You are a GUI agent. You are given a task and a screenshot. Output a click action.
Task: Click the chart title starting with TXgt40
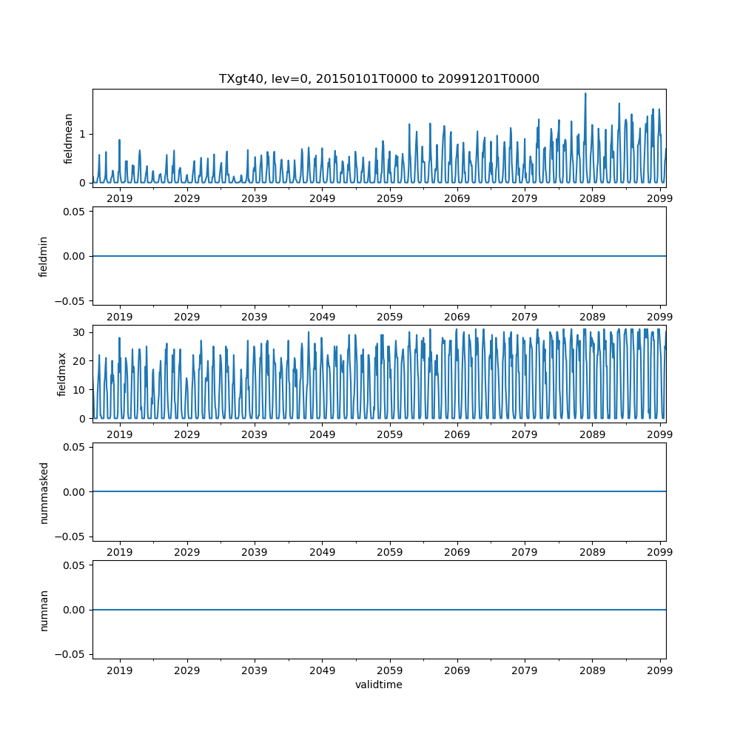(379, 78)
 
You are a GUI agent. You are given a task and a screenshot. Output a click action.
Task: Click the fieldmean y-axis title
(68, 138)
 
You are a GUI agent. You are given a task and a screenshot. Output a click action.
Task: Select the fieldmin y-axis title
(43, 256)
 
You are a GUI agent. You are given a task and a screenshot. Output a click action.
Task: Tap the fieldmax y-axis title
(62, 374)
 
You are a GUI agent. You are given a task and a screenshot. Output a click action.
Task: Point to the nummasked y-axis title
(43, 491)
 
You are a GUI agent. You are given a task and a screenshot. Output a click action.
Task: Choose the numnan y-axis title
(43, 610)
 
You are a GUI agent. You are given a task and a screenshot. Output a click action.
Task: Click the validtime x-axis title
(379, 684)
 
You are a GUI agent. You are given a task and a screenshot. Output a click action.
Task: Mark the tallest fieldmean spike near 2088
(585, 94)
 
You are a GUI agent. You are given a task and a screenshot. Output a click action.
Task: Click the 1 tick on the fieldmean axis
(83, 134)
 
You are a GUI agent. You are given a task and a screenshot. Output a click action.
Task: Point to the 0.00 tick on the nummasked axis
(74, 491)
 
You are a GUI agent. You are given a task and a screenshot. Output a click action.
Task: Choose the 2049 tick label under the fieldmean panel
(322, 198)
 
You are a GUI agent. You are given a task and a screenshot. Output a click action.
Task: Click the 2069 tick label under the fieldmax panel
(457, 434)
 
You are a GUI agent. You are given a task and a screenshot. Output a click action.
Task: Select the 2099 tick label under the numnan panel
(660, 670)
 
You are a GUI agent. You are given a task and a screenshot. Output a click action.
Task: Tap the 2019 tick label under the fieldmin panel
(119, 316)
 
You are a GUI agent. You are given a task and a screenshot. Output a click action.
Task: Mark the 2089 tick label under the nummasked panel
(592, 552)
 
